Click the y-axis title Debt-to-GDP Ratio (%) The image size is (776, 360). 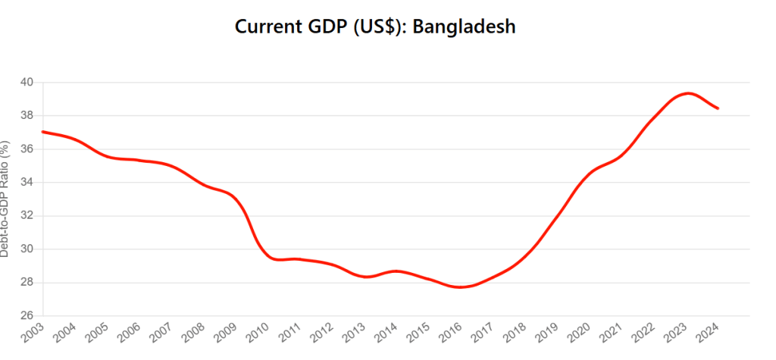pyautogui.click(x=5, y=199)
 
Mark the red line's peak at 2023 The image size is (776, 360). pyautogui.click(x=687, y=93)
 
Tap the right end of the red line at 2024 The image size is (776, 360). pyautogui.click(x=718, y=108)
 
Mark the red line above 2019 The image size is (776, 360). pyautogui.click(x=558, y=216)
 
